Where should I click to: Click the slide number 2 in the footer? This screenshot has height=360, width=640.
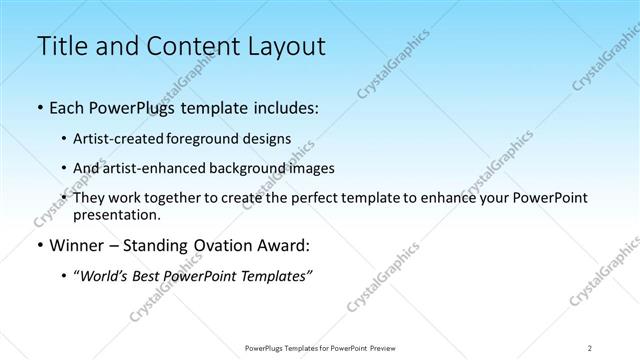click(x=589, y=347)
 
